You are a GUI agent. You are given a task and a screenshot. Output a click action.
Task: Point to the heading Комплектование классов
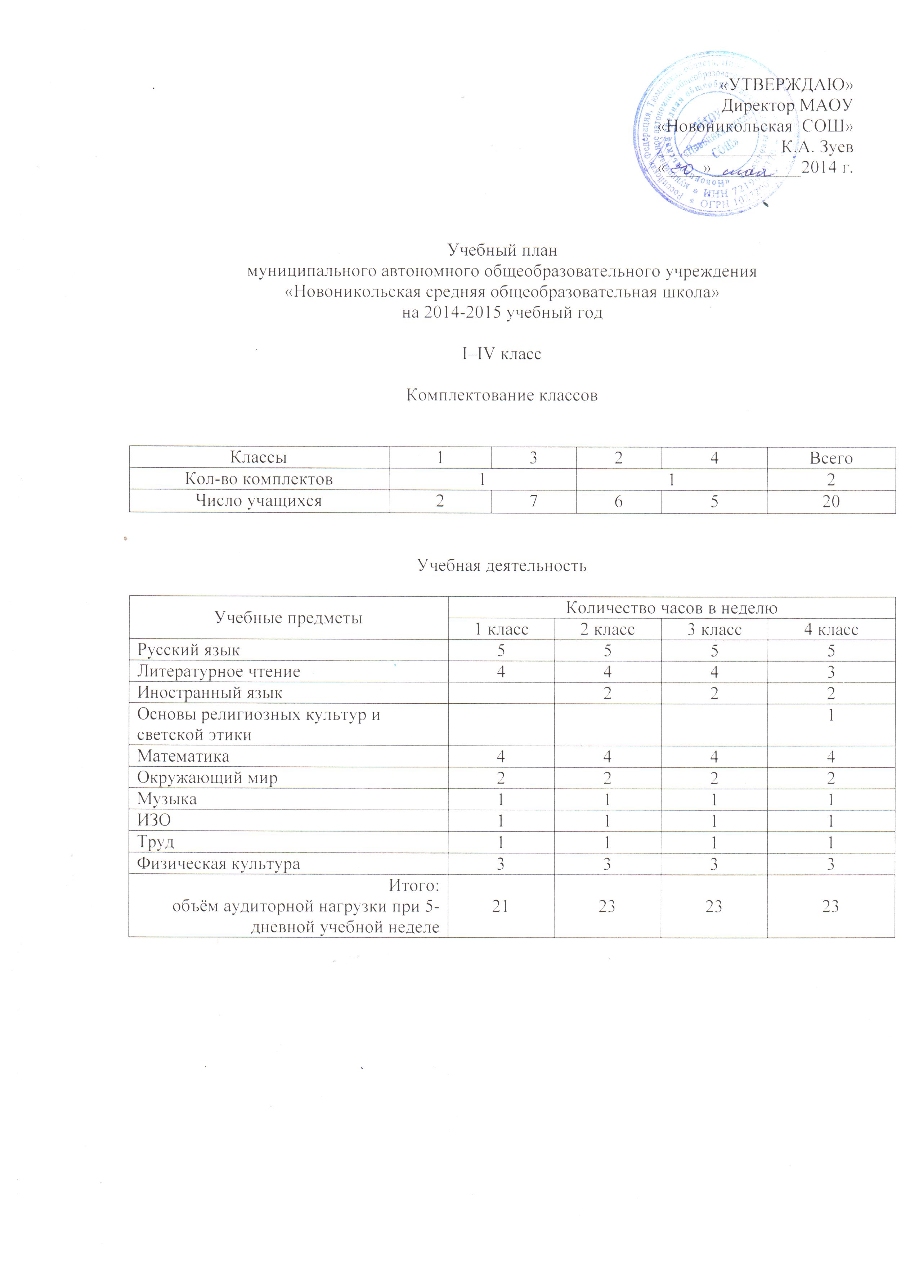coord(502,395)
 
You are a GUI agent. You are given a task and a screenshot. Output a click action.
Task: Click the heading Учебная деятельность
coord(502,566)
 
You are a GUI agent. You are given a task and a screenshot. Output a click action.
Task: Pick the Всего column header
coord(831,458)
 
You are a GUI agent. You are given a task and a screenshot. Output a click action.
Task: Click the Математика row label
coord(183,756)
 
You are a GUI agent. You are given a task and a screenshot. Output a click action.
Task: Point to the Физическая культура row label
coord(219,864)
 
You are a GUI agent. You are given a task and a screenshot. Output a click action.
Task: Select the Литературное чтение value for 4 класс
coord(831,672)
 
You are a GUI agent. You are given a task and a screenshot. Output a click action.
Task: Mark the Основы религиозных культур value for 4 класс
coord(831,715)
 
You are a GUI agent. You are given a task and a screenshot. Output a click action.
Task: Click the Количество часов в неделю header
coord(672,608)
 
